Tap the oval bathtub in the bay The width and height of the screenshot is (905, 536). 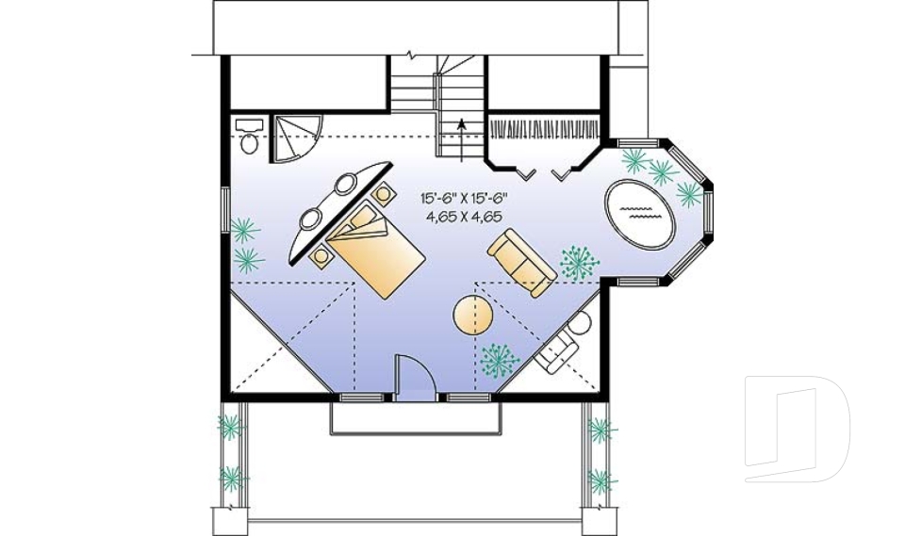pos(638,213)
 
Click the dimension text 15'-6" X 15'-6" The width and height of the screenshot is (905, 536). pos(464,199)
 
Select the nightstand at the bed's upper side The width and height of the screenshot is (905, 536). pos(384,194)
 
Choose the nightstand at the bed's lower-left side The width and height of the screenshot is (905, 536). pos(323,254)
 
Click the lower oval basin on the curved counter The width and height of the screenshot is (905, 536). pos(310,220)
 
